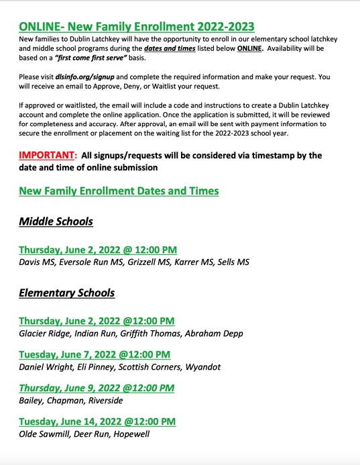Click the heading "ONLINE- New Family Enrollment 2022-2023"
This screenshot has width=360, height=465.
point(137,27)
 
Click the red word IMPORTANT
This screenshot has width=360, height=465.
point(48,156)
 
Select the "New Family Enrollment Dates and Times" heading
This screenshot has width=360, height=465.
point(119,191)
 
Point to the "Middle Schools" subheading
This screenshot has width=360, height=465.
point(56,221)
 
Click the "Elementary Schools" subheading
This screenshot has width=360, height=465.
point(66,293)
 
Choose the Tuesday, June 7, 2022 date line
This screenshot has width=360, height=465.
point(94,354)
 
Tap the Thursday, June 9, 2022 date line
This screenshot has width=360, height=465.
point(97,388)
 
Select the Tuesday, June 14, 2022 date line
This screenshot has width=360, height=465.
point(97,421)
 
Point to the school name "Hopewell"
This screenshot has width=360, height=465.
point(130,434)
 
